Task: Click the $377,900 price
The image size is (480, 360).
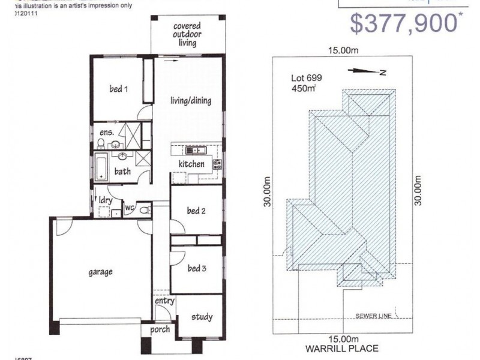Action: [x=403, y=24]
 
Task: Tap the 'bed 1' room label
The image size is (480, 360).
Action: [x=118, y=89]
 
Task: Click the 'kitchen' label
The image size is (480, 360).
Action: [x=191, y=164]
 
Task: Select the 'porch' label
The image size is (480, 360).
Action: [x=160, y=329]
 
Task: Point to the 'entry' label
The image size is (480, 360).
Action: [x=164, y=301]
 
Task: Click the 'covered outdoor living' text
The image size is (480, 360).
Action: [x=187, y=34]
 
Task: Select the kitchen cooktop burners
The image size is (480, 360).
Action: [x=217, y=163]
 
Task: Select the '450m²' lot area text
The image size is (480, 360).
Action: [x=302, y=89]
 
